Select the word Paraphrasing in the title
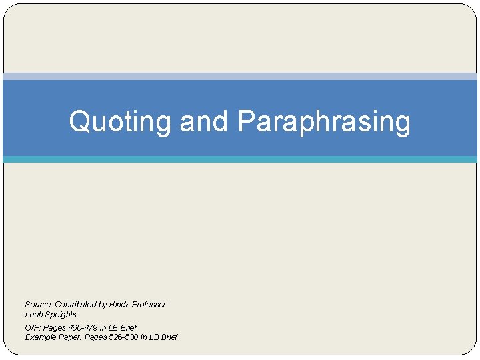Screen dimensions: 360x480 tap(323, 122)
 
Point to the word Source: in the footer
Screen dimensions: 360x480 tap(39, 305)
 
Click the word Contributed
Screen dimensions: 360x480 tap(75, 305)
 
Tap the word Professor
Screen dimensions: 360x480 tap(149, 305)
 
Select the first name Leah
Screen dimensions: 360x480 tap(33, 315)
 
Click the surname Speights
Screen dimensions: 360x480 tap(61, 315)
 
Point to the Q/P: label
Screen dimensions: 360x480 tap(33, 328)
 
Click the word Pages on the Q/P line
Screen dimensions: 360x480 tap(55, 328)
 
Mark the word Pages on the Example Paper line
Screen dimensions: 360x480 tap(97, 337)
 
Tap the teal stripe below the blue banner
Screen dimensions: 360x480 tap(240, 159)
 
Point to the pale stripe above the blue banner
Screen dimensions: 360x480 tap(240, 76)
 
